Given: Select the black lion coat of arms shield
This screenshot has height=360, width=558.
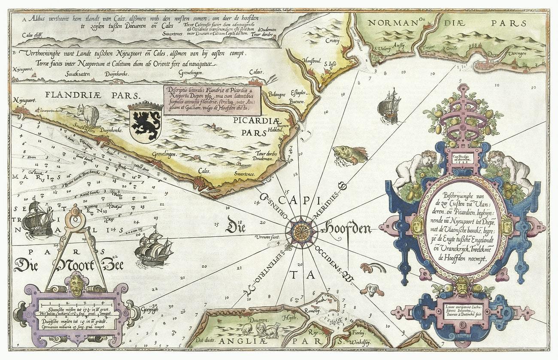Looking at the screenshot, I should point(146,124).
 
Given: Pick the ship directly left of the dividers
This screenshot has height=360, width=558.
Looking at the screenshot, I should point(37,220).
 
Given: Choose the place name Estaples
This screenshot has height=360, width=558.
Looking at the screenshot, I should point(297,92).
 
